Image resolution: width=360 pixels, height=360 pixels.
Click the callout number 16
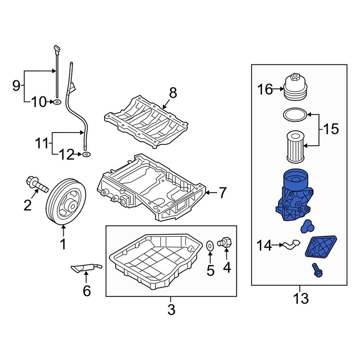265,89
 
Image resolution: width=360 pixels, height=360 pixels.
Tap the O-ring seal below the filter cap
295,115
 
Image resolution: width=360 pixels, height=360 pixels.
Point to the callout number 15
331,129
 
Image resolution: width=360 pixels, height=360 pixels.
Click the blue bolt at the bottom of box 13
316,270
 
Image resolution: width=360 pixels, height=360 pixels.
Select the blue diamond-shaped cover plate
321,247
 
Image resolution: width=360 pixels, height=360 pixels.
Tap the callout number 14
265,246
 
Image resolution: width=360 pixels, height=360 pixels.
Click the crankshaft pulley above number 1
66,202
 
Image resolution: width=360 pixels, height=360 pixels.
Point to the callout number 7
222,193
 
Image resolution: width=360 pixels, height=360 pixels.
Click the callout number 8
173,93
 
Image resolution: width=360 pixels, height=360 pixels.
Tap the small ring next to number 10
57,103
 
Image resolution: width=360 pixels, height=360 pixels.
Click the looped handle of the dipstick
56,49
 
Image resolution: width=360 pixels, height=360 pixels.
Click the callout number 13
301,298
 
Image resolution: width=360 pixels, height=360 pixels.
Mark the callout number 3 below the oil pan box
171,309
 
